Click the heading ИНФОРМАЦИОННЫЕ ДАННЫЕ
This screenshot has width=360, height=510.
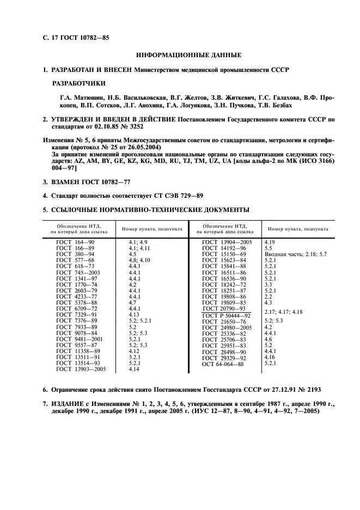[x=188, y=55]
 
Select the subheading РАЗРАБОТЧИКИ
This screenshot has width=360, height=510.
[x=78, y=84]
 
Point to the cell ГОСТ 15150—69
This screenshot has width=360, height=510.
[x=224, y=254]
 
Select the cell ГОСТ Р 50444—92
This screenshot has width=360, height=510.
[x=226, y=315]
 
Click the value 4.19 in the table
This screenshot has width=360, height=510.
[x=270, y=241]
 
